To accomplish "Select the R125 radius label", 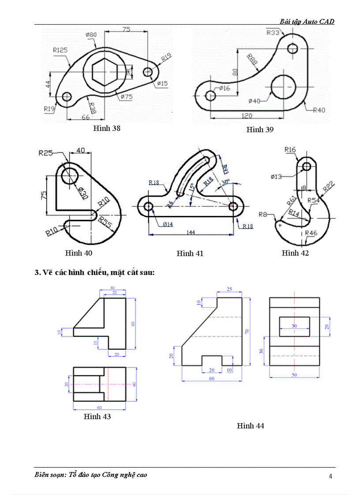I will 60,50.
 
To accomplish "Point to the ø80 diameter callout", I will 91,35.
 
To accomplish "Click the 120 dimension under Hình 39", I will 246,115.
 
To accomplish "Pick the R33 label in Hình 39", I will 273,32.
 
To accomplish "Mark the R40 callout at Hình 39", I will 319,110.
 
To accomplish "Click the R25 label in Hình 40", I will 45,153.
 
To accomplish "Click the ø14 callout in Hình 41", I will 168,224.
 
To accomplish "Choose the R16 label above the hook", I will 290,150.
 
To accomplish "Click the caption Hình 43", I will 97,417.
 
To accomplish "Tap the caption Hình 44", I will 250,426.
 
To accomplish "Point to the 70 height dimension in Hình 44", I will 247,331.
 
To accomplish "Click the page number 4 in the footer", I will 330,476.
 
